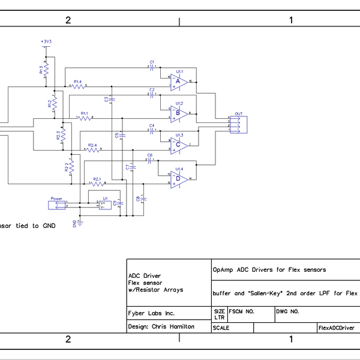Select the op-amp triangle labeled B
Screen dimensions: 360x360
(178, 112)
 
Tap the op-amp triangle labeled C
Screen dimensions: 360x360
(178, 144)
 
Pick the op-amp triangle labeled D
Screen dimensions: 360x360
(178, 178)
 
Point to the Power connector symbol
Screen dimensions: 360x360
(58, 205)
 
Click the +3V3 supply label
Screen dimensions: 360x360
(46, 41)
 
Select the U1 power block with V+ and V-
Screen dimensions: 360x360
(104, 205)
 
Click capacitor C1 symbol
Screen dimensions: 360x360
(152, 67)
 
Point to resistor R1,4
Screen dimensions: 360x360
(77, 86)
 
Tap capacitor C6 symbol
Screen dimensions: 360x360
(150, 160)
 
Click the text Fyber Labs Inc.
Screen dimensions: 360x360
(152, 313)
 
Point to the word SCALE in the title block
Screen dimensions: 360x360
(221, 328)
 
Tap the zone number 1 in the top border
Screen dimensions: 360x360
(291, 20)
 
